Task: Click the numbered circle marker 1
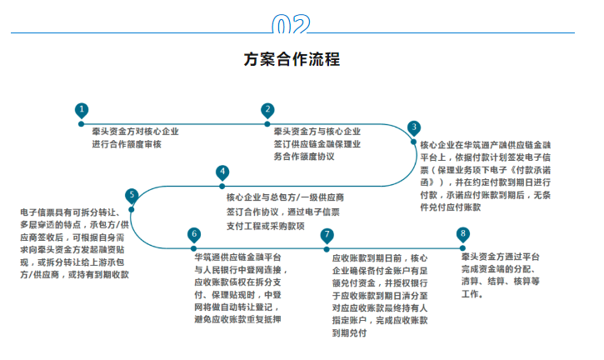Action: point(81,109)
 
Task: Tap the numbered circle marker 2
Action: point(267,109)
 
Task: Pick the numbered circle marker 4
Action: point(222,172)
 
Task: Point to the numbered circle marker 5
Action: point(132,195)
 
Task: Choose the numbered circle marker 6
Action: point(194,234)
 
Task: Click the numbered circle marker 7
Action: point(327,235)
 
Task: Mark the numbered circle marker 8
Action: point(463,234)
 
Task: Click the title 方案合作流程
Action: point(292,59)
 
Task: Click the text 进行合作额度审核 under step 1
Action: point(127,144)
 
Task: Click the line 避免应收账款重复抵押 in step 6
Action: point(237,318)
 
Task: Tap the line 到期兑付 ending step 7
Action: point(349,332)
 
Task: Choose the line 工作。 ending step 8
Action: point(472,294)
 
